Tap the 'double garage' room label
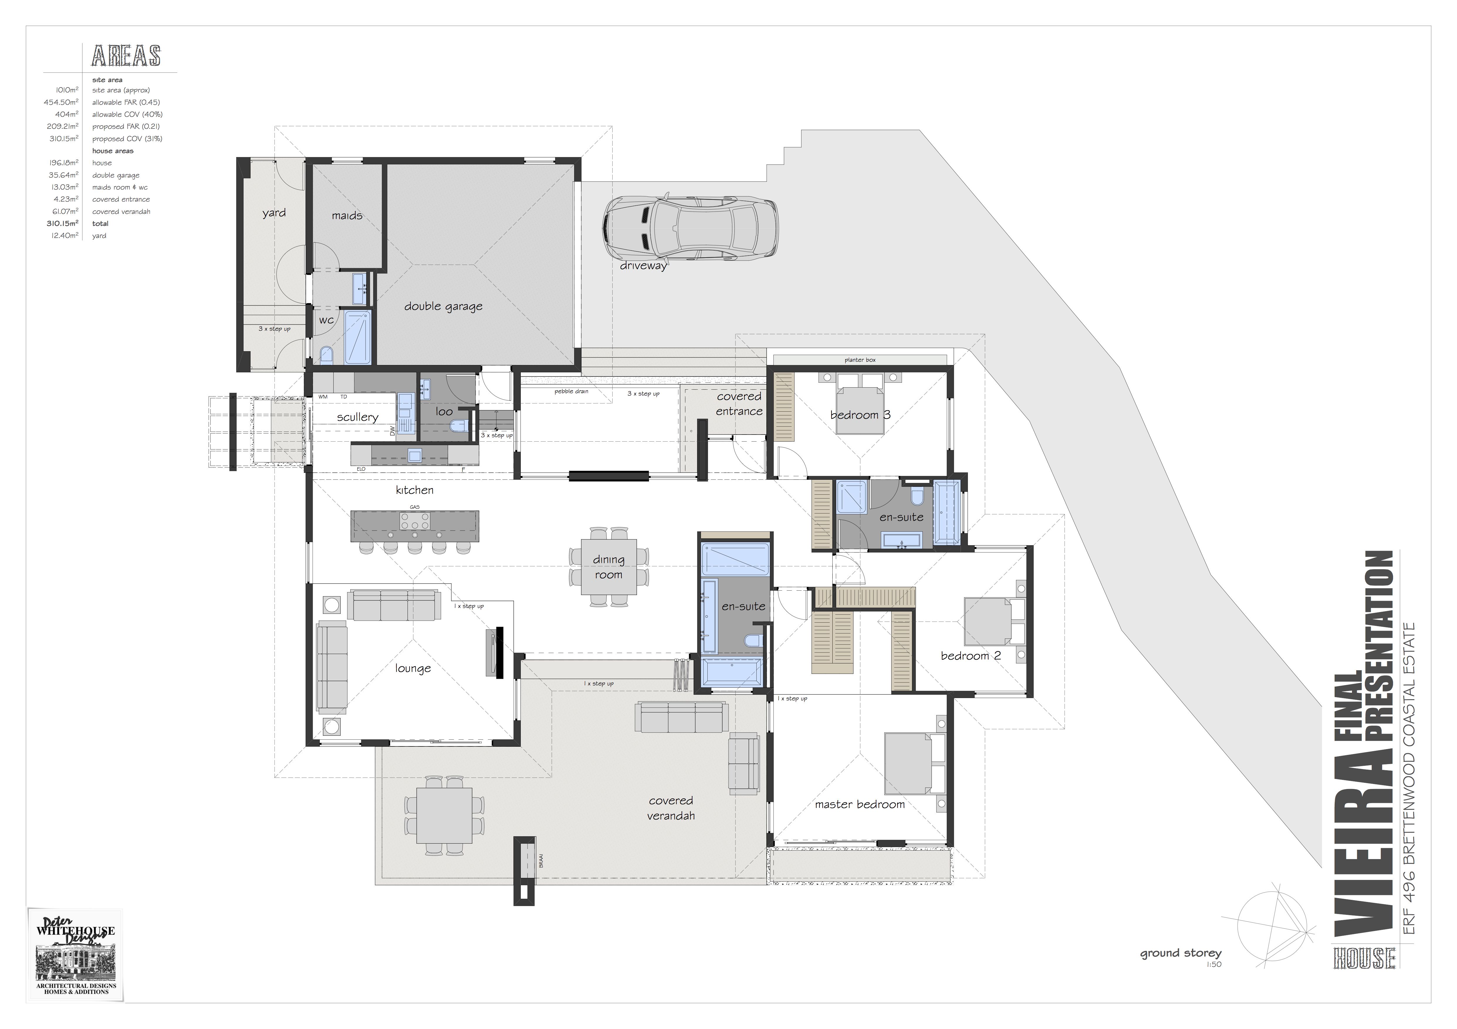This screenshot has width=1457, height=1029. click(444, 307)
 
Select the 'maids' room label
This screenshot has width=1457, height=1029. click(347, 216)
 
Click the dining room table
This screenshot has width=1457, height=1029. click(609, 567)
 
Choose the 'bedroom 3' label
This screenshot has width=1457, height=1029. click(861, 415)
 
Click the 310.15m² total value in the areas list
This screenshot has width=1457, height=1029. click(62, 224)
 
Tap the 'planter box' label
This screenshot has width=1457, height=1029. click(860, 360)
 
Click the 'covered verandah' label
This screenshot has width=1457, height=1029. click(671, 808)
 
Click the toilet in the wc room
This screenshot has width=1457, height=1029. click(326, 356)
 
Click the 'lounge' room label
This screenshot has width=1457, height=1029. click(413, 668)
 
